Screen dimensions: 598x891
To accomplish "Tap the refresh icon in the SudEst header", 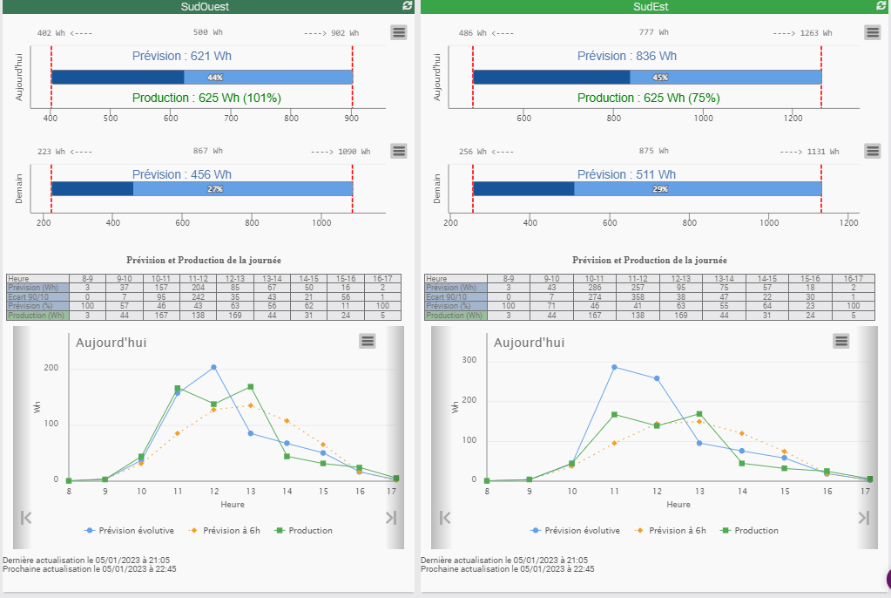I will (881, 6).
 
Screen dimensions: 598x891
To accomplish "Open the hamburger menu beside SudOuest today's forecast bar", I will (399, 32).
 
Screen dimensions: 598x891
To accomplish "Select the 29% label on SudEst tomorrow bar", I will (660, 189).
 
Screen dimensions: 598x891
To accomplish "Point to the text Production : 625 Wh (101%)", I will (206, 99).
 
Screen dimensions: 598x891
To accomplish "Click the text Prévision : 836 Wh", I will (627, 57).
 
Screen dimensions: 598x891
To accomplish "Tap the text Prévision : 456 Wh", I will (182, 175).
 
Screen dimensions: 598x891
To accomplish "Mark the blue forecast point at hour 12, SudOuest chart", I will (213, 368).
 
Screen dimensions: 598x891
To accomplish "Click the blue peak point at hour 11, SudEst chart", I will (614, 367).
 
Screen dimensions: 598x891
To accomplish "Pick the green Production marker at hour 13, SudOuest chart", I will (250, 387).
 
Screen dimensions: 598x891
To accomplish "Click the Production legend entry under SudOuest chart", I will (304, 530).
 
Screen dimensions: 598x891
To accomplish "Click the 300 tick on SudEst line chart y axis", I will (469, 359).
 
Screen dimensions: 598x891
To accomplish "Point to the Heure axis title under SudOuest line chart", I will (232, 505).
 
